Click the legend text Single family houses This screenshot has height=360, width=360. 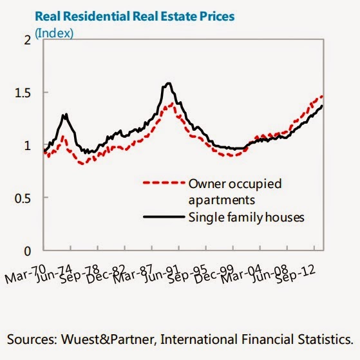coord(245,218)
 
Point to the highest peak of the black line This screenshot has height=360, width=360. coord(168,83)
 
